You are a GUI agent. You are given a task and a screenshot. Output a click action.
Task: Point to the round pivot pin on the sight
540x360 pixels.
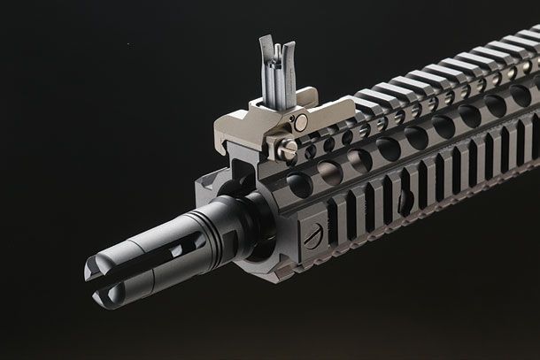tap(302, 123)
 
